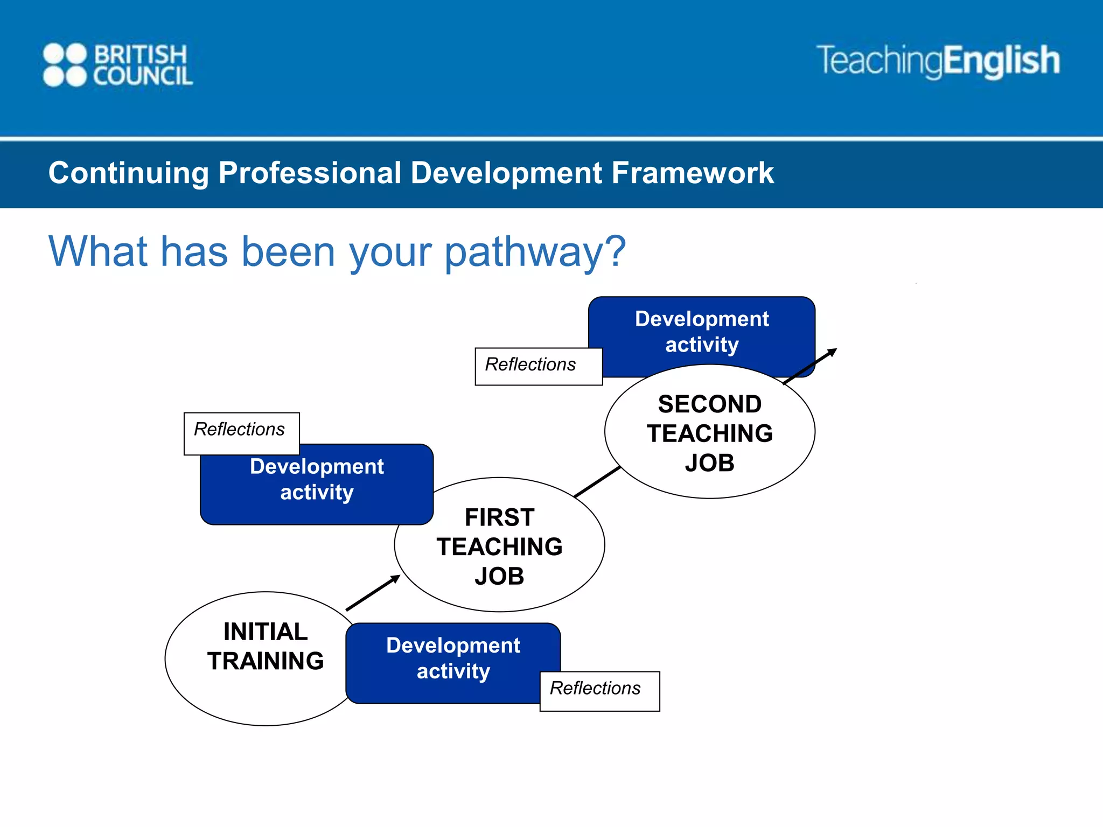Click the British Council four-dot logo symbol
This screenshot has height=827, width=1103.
click(65, 65)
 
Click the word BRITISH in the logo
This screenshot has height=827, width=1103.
click(141, 54)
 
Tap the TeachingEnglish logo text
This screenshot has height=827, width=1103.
click(938, 60)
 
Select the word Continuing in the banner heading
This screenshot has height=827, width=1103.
click(128, 173)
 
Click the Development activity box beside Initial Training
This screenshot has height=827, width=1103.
click(453, 658)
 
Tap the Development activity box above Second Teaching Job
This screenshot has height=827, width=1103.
click(702, 331)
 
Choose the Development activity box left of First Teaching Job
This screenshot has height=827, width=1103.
click(317, 479)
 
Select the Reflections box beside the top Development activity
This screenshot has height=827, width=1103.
click(537, 366)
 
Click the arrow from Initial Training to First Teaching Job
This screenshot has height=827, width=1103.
click(373, 593)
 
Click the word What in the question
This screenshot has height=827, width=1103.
click(97, 252)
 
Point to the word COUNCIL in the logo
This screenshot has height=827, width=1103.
click(143, 76)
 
